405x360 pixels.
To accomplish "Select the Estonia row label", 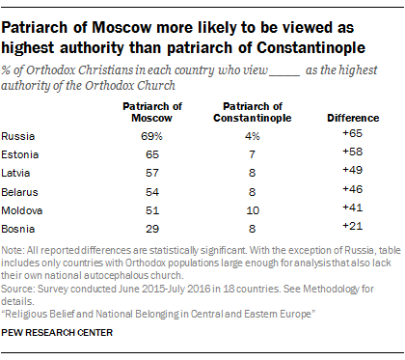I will [x=19, y=154].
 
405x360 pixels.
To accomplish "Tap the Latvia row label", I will [x=17, y=172].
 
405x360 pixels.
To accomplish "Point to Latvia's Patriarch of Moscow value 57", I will [x=148, y=172].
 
